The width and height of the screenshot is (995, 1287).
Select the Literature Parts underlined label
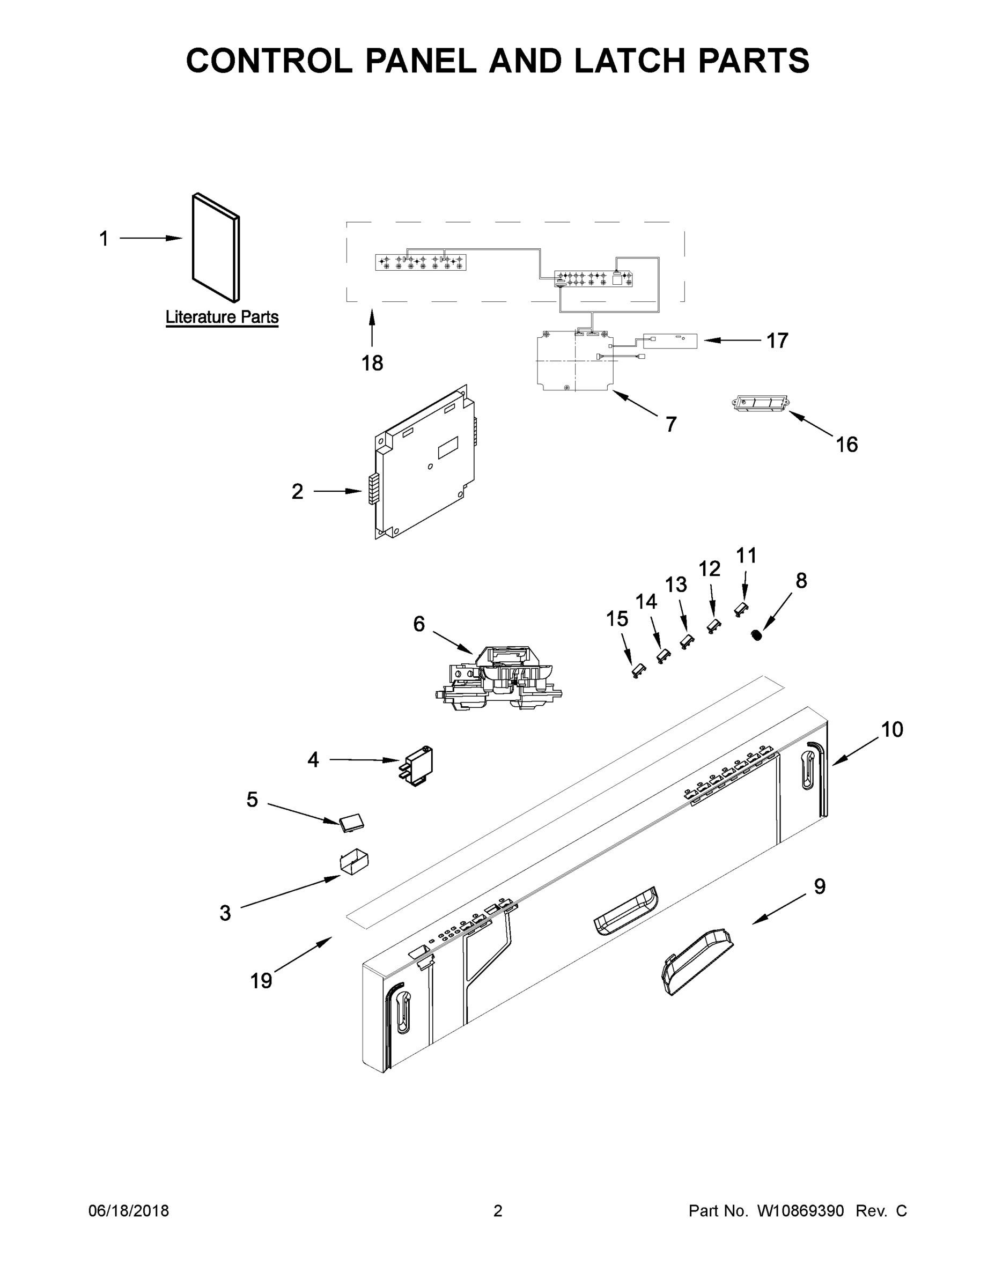tap(222, 317)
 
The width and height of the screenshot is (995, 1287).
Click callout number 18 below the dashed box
tap(372, 363)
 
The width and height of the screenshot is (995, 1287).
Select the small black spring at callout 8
tap(756, 635)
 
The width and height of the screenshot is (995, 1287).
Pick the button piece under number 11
tap(741, 609)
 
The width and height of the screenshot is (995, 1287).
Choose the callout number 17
tap(777, 340)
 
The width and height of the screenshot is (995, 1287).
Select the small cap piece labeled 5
tap(351, 823)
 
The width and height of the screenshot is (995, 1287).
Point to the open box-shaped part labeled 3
tap(353, 862)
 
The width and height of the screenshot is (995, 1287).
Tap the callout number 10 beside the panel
tap(892, 729)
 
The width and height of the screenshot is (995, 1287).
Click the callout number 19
tap(261, 981)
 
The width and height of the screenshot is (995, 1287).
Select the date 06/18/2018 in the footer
tap(129, 1210)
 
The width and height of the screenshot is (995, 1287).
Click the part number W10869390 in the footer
tap(800, 1210)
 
